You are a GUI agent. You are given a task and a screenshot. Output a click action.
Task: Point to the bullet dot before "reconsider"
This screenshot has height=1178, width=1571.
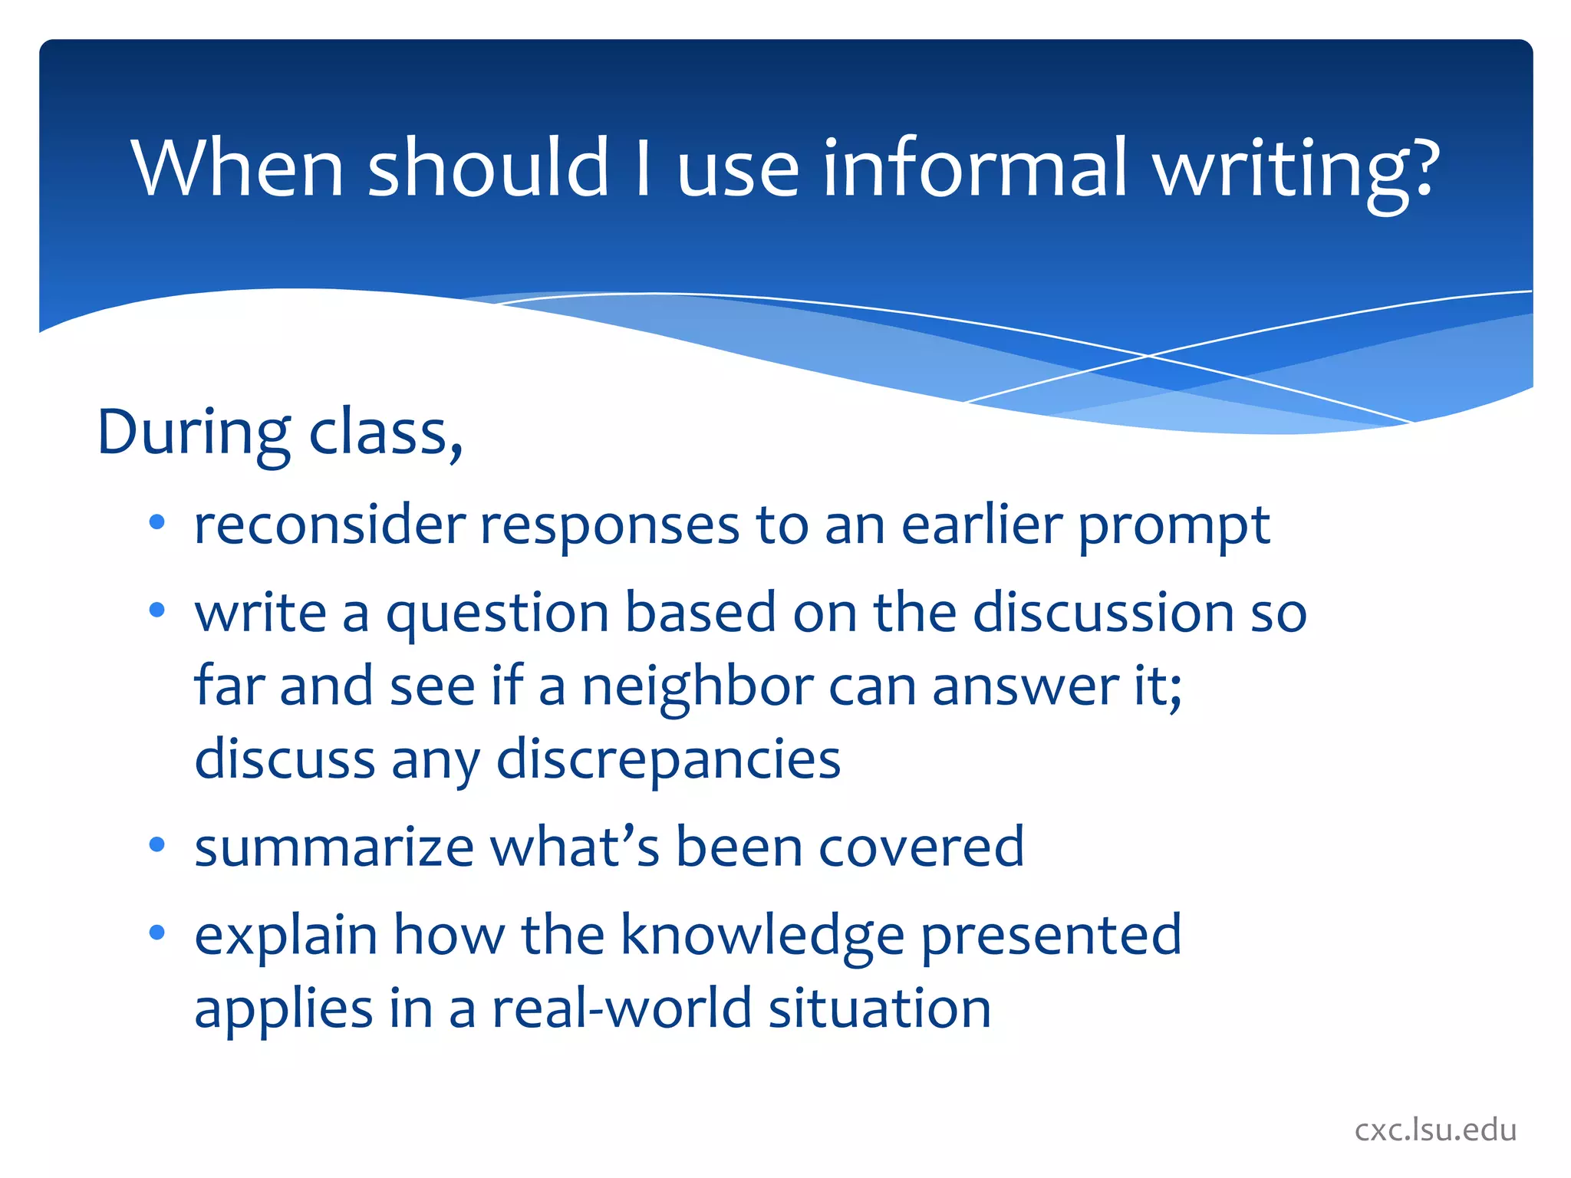pos(157,524)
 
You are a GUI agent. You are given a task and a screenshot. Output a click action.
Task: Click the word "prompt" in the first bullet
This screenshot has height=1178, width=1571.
pos(1174,528)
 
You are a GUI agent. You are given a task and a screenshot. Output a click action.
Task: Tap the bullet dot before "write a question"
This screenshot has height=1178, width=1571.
pos(157,611)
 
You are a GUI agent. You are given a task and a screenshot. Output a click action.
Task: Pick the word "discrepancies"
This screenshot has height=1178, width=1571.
pos(668,760)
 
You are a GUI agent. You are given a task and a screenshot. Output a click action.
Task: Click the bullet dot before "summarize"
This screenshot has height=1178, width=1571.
pos(157,846)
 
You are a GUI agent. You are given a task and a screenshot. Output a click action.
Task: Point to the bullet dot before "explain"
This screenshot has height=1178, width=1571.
pos(157,933)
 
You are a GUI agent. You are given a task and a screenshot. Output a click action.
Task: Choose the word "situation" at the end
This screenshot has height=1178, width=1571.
pos(880,1009)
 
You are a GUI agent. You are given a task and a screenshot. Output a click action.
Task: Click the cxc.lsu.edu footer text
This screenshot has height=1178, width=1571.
pos(1435,1130)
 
